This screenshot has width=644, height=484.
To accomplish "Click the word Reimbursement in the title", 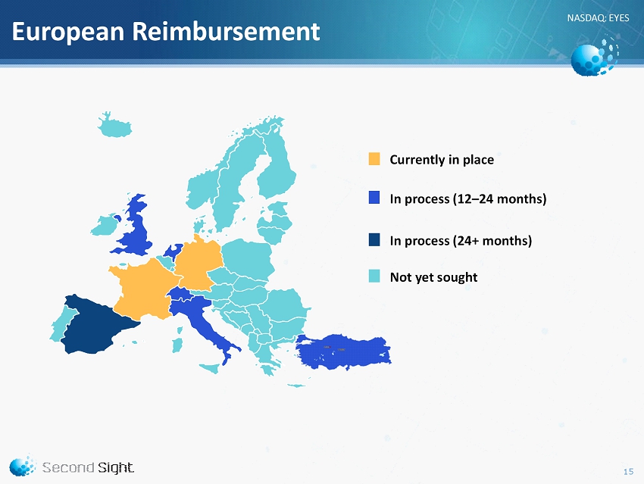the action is (x=226, y=31).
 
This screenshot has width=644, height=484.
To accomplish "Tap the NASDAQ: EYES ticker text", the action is (x=598, y=17).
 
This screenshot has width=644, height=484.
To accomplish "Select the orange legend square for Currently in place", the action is (x=374, y=159).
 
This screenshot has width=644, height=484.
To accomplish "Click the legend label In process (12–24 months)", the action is (x=467, y=198).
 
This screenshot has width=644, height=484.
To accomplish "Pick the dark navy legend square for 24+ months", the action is (x=374, y=240).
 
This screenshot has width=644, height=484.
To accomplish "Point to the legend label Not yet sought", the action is (x=433, y=277).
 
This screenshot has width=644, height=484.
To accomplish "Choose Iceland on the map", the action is (x=114, y=126).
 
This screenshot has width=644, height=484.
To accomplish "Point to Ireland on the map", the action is (x=105, y=225).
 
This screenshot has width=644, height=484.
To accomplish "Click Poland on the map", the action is (x=249, y=258).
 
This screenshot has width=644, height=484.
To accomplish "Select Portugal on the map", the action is (x=61, y=324).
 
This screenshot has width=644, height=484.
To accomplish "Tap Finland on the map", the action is (x=277, y=164).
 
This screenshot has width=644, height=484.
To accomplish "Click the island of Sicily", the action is (x=211, y=368).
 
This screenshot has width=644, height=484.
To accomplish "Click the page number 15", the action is (x=628, y=472).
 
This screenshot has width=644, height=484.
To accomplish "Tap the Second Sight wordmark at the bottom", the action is (x=88, y=467).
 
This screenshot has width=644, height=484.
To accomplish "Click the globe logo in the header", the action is (x=594, y=57).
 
